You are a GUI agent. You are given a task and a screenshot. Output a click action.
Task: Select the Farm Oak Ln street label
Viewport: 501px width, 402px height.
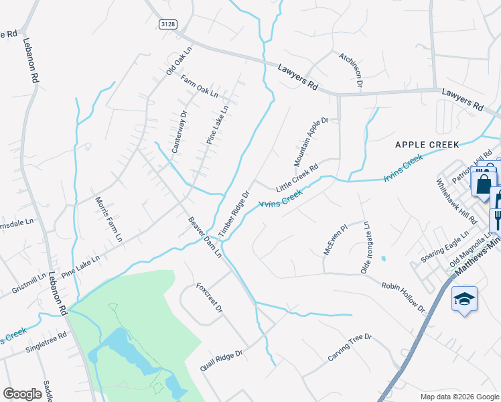point(200,87)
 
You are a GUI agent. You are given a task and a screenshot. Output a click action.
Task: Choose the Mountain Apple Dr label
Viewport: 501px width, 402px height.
point(311,142)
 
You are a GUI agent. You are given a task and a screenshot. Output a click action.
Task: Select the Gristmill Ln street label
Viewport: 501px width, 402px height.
point(29,283)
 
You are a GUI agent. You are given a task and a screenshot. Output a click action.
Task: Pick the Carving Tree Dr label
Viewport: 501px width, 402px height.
point(350,346)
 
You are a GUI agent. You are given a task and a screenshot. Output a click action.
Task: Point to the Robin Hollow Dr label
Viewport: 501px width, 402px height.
point(404,297)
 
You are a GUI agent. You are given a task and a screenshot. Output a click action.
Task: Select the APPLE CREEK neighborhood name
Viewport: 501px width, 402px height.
point(427,144)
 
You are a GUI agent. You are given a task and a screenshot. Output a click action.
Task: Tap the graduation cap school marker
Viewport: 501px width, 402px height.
point(464,299)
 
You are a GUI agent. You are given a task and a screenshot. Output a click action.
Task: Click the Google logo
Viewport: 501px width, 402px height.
point(22,394)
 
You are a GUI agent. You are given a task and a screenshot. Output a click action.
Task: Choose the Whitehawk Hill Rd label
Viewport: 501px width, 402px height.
point(451,201)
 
